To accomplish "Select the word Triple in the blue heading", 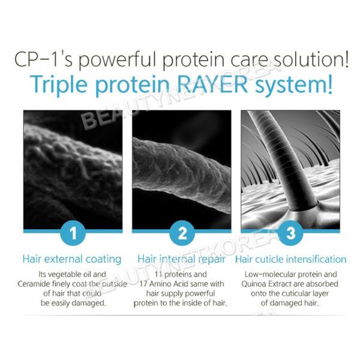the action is tap(59, 85).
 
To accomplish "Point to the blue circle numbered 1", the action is tap(73, 233).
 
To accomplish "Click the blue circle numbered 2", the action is tap(182, 233).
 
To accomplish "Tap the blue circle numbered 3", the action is tap(290, 233).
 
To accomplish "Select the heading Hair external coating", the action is tap(72, 259).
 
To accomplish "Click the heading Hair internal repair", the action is tap(181, 259).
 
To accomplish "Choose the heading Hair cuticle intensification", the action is tap(290, 259).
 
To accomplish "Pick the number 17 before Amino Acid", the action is tap(143, 284).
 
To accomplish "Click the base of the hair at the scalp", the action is tap(303, 206).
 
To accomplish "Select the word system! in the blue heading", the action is tap(294, 85).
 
